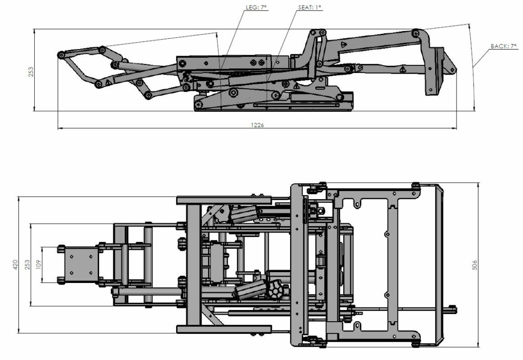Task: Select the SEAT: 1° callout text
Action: click(x=310, y=8)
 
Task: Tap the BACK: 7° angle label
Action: click(x=504, y=46)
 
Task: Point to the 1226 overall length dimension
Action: click(x=258, y=125)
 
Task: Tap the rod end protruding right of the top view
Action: click(x=453, y=308)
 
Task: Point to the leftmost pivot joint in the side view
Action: click(x=61, y=54)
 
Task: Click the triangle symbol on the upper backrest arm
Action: click(x=344, y=45)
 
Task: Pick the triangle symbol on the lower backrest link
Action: click(x=402, y=68)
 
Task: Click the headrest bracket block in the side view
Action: click(x=435, y=71)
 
